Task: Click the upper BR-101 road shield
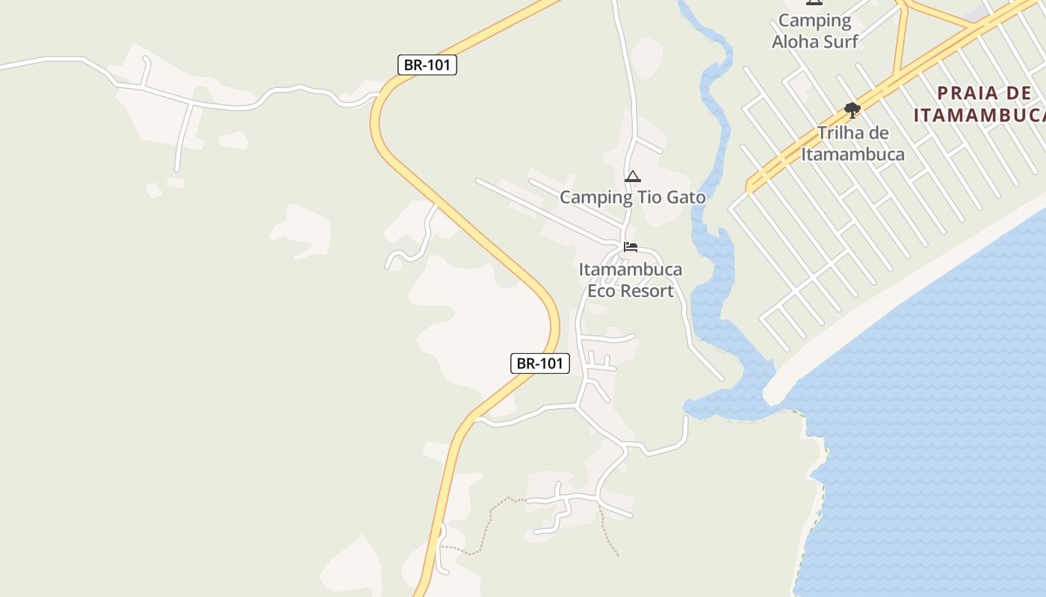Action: click(427, 65)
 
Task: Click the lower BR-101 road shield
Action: click(539, 363)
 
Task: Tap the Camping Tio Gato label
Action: click(632, 198)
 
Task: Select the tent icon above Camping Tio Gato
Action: click(633, 177)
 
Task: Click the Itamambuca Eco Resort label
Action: click(631, 280)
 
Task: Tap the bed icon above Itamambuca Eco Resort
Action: click(631, 247)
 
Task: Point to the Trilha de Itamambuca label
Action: click(852, 143)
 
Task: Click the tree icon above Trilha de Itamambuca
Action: click(852, 110)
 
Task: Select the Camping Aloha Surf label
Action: click(814, 31)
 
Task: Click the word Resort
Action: click(649, 291)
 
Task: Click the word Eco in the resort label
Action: click(601, 291)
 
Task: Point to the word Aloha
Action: click(796, 42)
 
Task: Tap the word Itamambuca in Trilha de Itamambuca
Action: click(852, 154)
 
